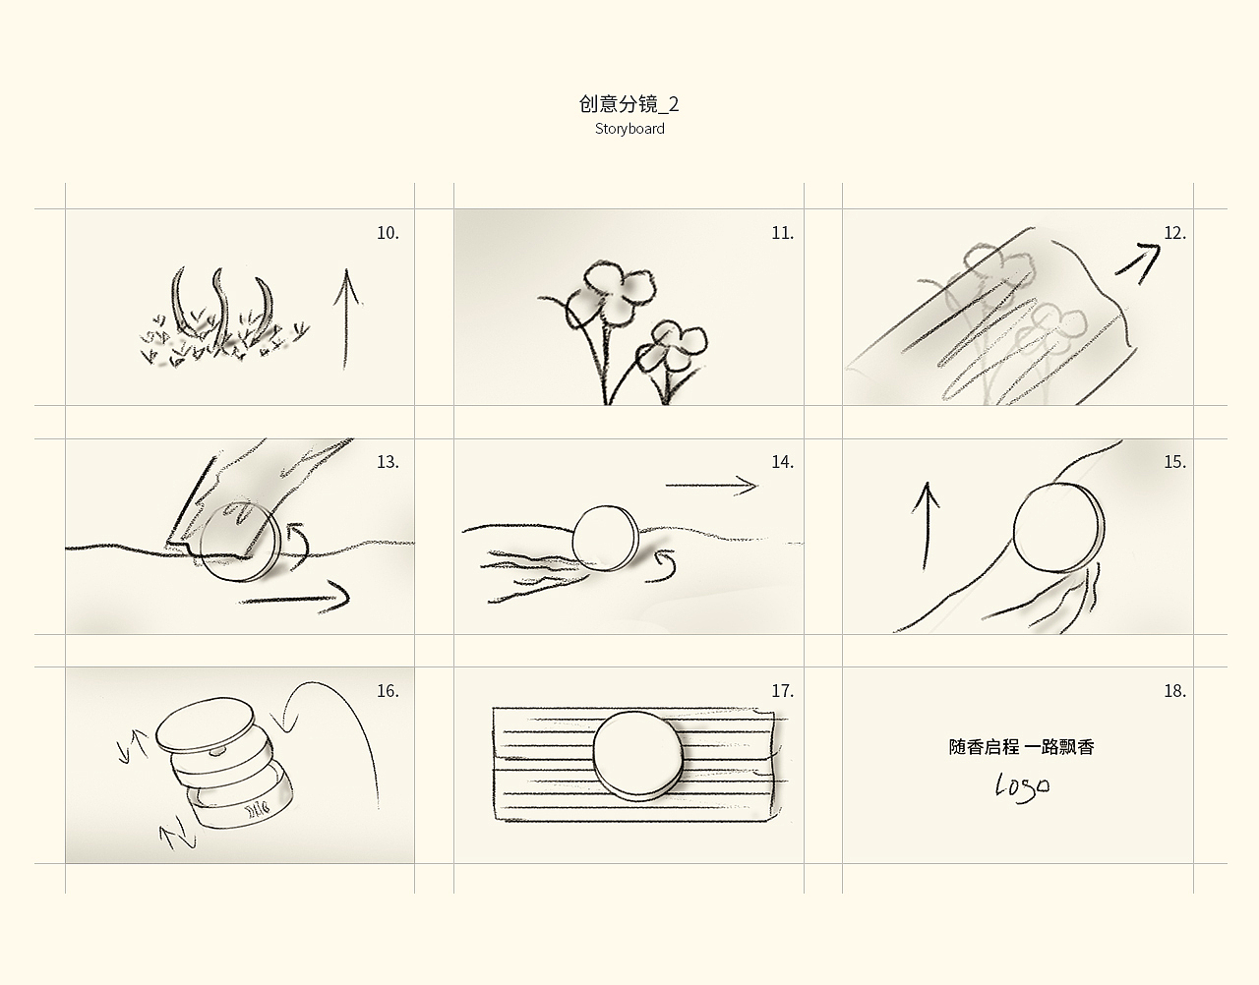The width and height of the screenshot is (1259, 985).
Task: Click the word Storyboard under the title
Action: pos(629,129)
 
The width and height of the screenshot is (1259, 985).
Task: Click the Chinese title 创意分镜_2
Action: pos(629,104)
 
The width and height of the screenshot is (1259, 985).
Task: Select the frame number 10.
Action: pos(388,233)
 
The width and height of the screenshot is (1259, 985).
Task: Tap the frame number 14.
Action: pos(782,462)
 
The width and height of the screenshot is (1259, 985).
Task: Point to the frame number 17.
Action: pos(782,691)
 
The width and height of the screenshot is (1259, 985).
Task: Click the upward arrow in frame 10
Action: pos(346,319)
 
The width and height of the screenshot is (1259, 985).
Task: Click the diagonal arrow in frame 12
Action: pos(1138,262)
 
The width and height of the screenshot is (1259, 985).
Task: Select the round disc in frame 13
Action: pos(241,542)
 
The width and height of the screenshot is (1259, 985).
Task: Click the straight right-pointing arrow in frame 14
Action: pos(711,486)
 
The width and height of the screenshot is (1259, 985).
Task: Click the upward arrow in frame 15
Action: pos(927,526)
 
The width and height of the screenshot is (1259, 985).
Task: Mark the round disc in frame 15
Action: pos(1058,527)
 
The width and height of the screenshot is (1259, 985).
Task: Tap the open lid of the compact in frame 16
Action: pos(206,724)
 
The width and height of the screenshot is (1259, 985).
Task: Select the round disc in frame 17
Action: pos(638,756)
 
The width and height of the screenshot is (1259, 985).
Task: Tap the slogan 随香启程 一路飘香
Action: pos(1021,747)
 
